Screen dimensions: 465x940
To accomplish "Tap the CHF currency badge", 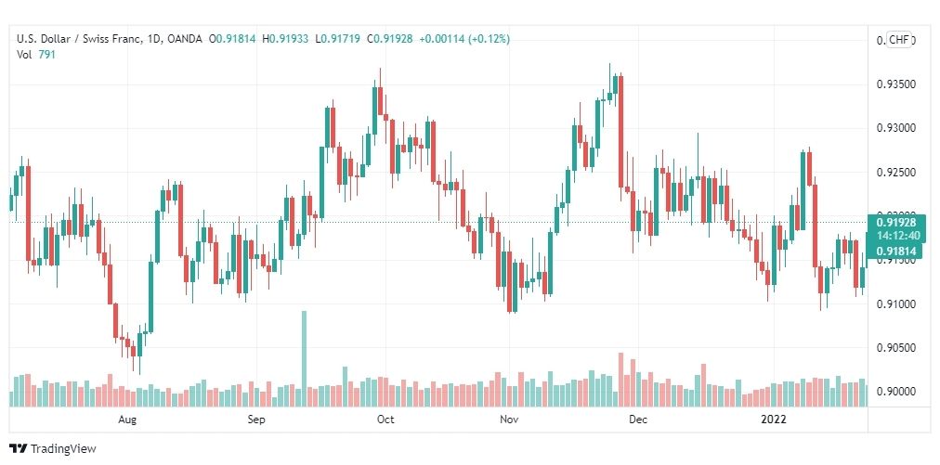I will [899, 40].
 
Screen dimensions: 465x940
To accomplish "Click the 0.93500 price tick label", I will [895, 84].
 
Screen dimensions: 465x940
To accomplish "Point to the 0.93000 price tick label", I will [895, 128].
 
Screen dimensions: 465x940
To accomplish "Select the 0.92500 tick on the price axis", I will [895, 173].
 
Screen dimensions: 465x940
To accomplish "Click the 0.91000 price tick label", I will [895, 304].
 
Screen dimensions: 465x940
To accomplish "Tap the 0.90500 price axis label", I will [895, 348].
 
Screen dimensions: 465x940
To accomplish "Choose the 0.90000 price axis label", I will [895, 392].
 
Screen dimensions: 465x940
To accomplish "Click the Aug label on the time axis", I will [128, 420].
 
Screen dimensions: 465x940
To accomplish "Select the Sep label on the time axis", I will [257, 420].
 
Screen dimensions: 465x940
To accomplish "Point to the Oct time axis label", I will [385, 420].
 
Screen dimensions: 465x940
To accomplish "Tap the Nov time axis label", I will [508, 420].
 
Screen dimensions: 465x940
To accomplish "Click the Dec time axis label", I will [637, 420].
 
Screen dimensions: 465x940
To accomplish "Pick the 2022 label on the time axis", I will [774, 420].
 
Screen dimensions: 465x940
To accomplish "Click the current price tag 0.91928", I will [895, 223].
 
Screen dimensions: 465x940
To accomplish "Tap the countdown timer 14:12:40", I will [895, 236].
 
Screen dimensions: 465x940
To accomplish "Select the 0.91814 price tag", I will [895, 251].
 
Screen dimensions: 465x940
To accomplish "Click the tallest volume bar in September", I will [304, 358].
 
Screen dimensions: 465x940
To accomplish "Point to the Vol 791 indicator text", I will [35, 54].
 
